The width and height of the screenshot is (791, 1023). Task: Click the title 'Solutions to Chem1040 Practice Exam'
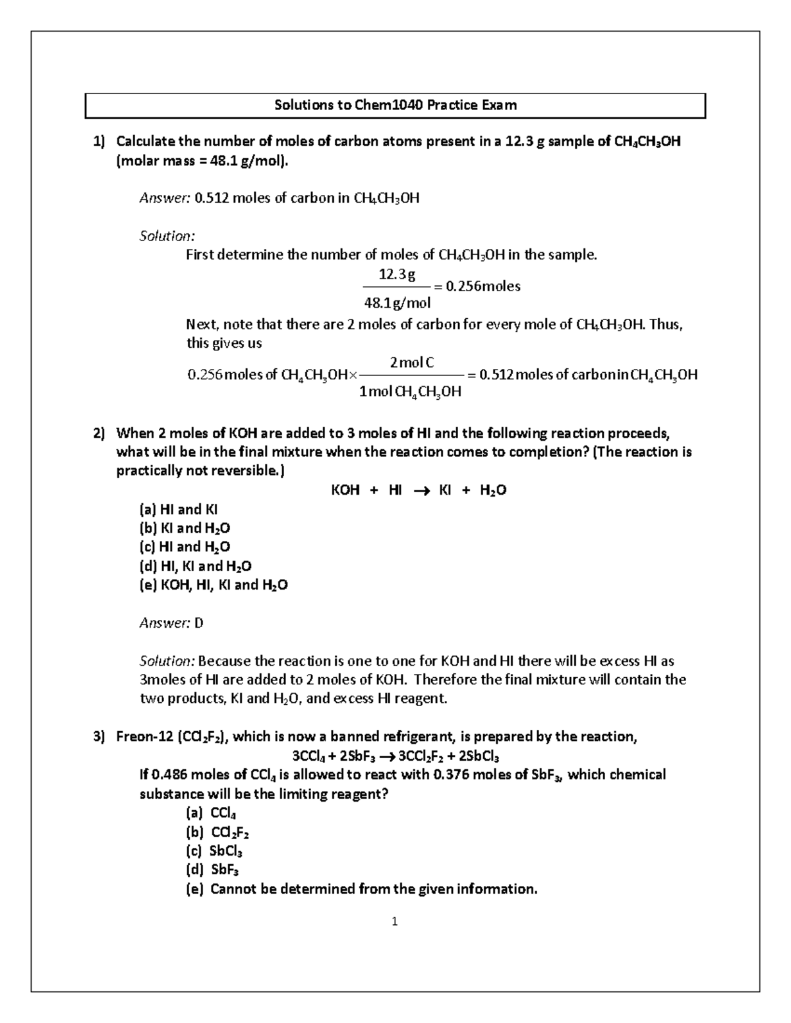[x=395, y=105]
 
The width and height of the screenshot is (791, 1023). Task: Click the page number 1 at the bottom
[x=394, y=922]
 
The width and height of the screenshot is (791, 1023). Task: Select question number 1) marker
[x=99, y=141]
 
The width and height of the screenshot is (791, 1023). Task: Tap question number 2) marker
[x=99, y=433]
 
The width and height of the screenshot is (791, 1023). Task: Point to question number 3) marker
[x=99, y=736]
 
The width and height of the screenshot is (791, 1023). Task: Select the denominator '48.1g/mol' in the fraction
[x=397, y=303]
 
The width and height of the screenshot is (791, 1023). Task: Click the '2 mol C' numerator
[x=411, y=362]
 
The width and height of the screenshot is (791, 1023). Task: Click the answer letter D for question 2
[x=199, y=622]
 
